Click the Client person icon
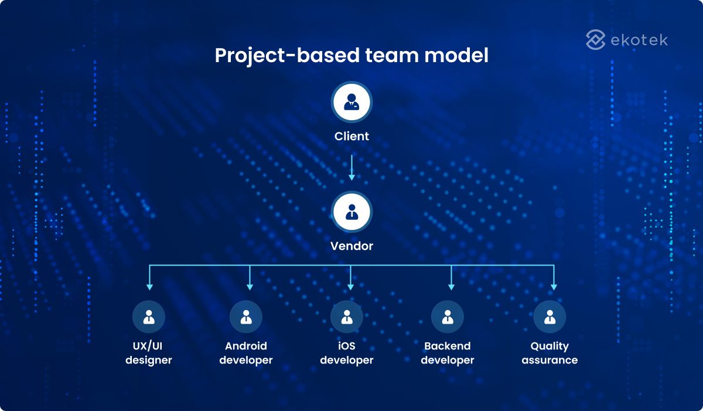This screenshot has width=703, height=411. click(351, 103)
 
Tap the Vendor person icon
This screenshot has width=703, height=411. click(351, 212)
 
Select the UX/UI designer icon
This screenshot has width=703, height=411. click(149, 317)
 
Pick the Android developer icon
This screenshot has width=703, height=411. click(246, 317)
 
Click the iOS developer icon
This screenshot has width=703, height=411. click(347, 317)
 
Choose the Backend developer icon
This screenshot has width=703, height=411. click(448, 317)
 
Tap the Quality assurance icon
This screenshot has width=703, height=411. click(550, 317)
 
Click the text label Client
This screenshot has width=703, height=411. click(351, 137)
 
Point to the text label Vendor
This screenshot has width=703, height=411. click(351, 246)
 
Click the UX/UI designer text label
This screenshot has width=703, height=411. click(149, 353)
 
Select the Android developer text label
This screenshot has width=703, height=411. click(246, 353)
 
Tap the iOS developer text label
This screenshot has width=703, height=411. click(347, 353)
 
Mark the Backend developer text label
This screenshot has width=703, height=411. click(448, 353)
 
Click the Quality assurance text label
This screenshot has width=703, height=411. click(550, 353)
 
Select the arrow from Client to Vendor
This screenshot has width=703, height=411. click(351, 168)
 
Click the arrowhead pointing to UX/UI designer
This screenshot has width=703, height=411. click(149, 287)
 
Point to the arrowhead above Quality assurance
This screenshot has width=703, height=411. click(554, 287)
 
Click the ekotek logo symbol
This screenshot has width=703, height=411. click(595, 40)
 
